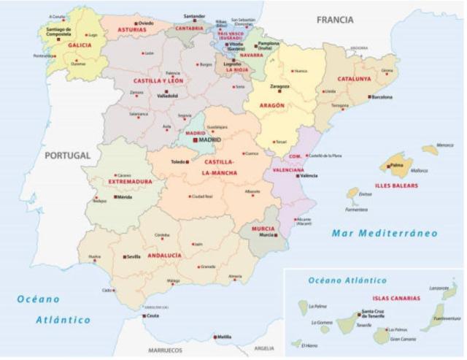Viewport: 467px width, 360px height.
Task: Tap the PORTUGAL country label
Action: [66, 156]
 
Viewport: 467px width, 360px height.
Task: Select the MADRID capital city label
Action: [209, 140]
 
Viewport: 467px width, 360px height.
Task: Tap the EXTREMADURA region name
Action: [130, 181]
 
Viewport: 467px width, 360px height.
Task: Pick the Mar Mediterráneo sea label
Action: [384, 234]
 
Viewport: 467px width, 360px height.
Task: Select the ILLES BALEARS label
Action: [398, 185]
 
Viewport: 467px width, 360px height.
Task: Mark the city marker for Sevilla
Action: [123, 257]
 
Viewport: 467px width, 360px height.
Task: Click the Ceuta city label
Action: [153, 316]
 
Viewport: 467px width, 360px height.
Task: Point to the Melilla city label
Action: [224, 337]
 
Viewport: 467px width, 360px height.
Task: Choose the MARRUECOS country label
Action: [165, 350]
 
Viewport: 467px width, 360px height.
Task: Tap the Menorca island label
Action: [445, 145]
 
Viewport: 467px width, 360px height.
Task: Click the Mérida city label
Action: [125, 196]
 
